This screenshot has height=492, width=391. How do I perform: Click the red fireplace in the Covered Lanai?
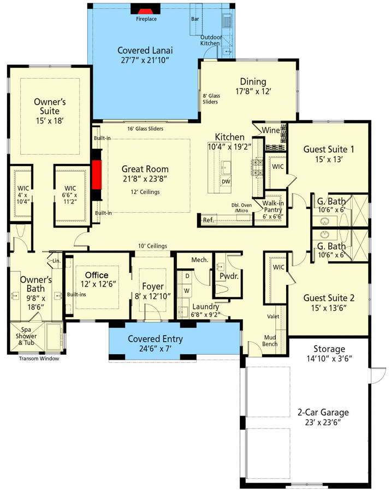pos(146,10)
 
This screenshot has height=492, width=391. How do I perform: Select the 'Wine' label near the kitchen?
pos(271,131)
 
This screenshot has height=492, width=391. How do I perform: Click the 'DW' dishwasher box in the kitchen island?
pos(226,181)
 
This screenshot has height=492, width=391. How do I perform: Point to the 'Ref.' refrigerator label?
pos(208,220)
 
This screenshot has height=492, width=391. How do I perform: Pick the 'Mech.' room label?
pos(199,260)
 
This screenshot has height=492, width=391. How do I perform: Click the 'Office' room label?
pos(96,275)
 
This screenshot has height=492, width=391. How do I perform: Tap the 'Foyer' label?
pos(153,286)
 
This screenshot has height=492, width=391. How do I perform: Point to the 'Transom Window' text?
pos(39,359)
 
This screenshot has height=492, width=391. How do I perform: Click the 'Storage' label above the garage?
pos(329,349)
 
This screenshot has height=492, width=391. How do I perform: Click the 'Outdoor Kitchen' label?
pos(210,39)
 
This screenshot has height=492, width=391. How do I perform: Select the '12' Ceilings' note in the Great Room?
pos(145,191)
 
